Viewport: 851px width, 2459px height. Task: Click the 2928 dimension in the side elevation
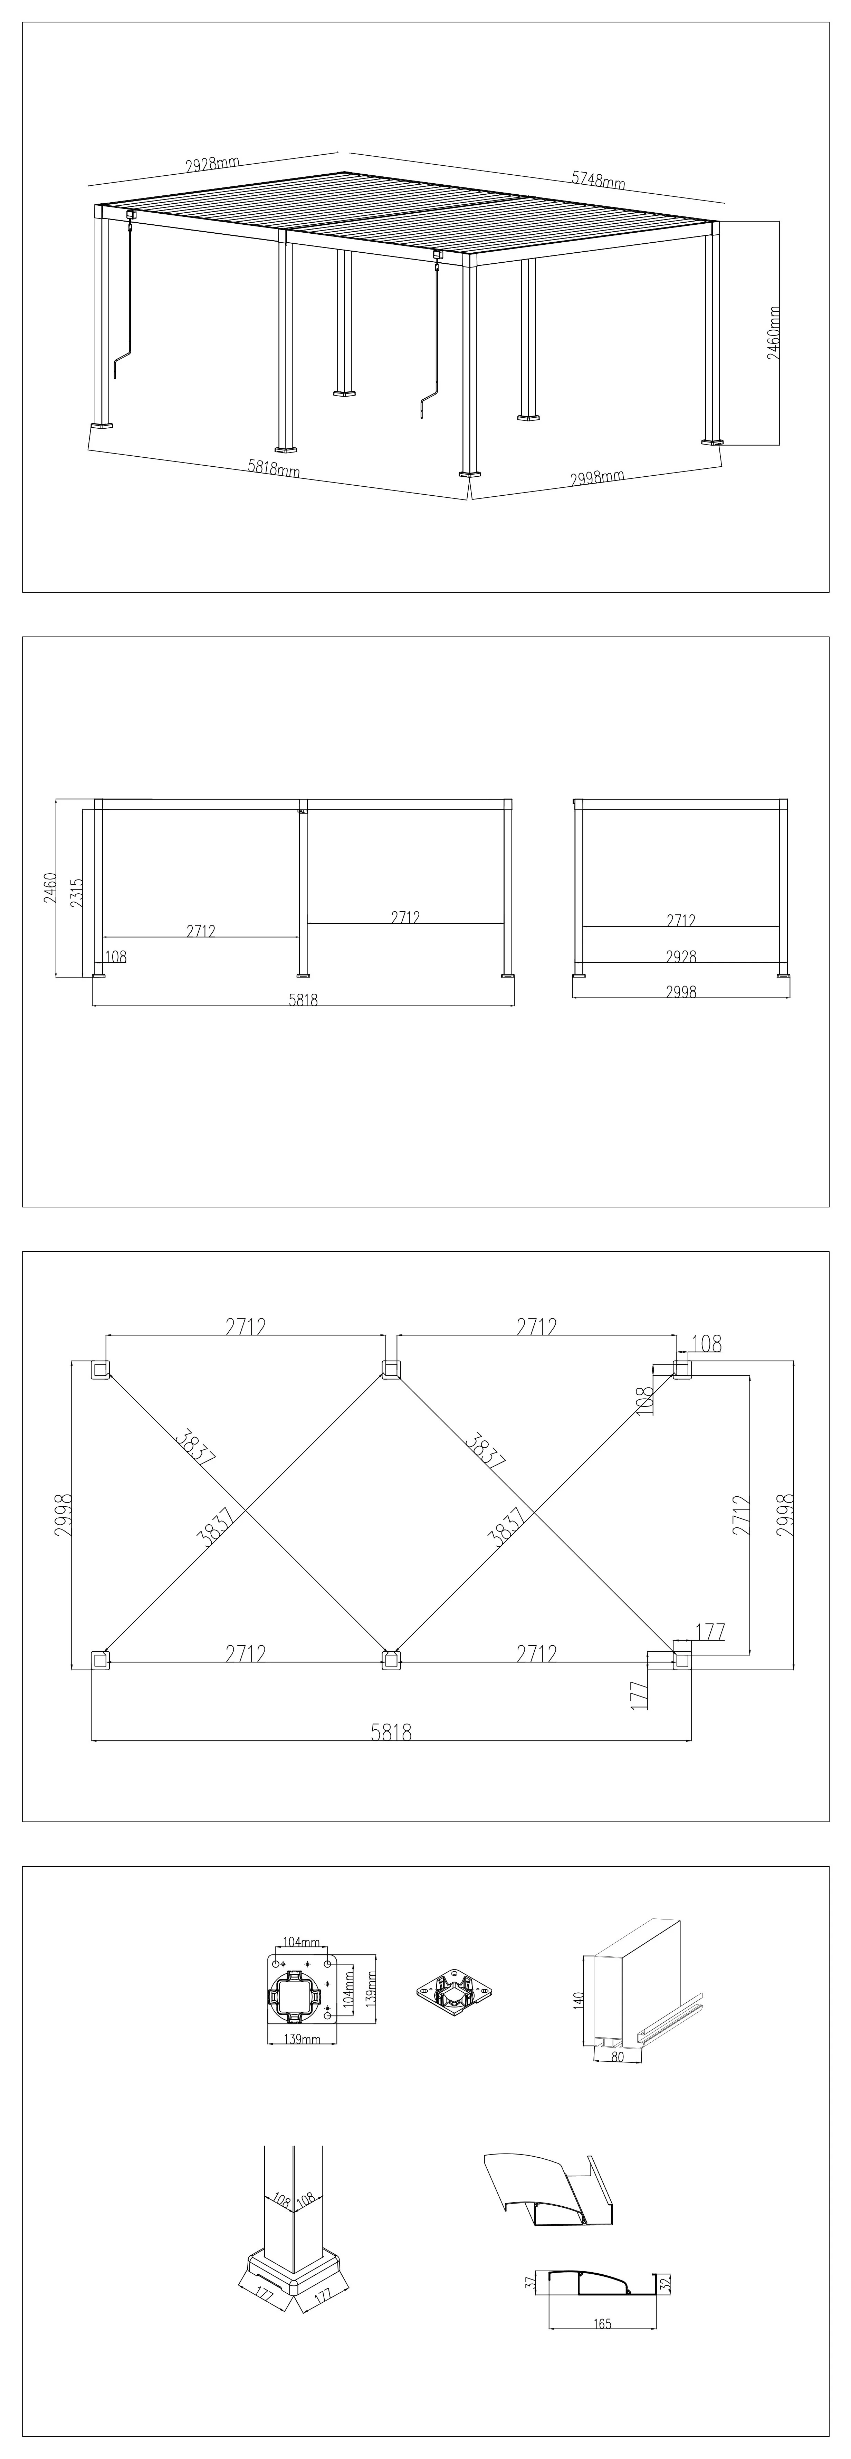[681, 955]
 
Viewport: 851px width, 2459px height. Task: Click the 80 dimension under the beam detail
[617, 2057]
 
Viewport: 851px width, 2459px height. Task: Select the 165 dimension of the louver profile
[602, 2323]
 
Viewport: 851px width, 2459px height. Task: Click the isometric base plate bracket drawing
[455, 1992]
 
